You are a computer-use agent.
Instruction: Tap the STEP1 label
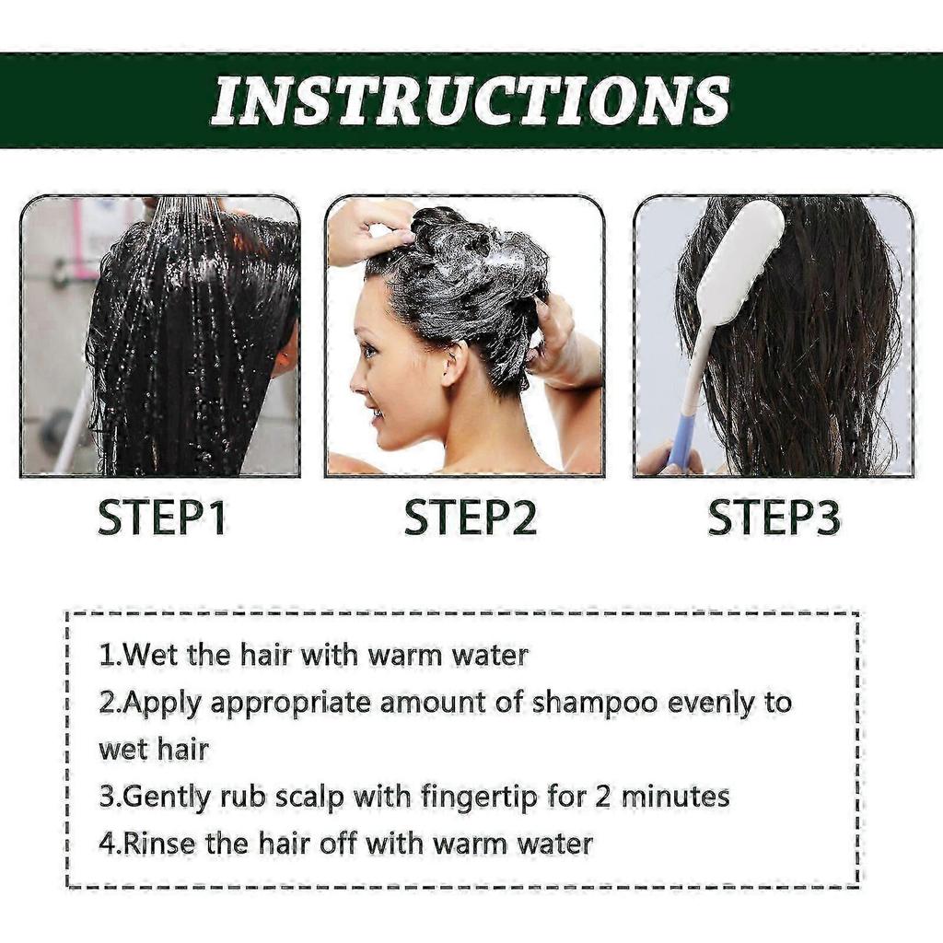[x=162, y=519]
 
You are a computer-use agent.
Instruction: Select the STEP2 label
[x=470, y=519]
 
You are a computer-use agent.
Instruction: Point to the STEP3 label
[x=774, y=519]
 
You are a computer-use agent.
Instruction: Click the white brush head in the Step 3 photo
[x=741, y=262]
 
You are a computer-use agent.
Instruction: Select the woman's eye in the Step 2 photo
[x=370, y=351]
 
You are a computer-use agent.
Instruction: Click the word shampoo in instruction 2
[x=596, y=703]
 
